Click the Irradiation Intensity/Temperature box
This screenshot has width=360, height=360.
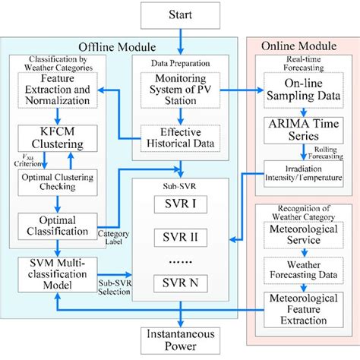coord(299,172)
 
